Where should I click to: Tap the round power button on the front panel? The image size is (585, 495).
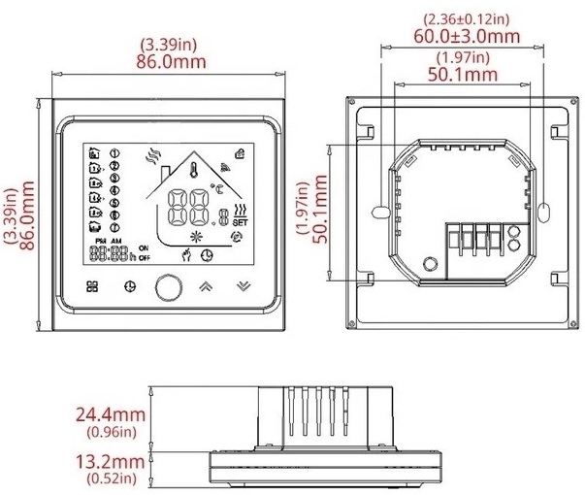tap(169, 287)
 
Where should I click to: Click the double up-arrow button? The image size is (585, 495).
tap(206, 287)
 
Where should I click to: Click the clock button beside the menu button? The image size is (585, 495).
tap(131, 287)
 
